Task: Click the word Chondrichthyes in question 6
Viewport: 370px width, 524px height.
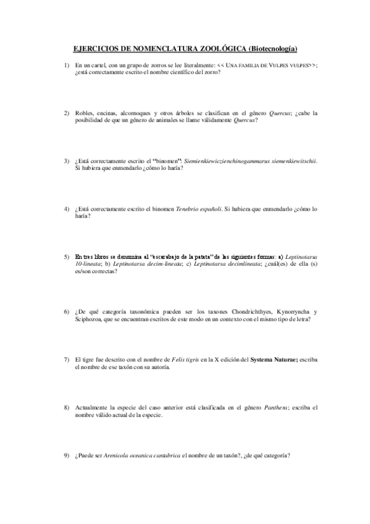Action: click(x=240, y=311)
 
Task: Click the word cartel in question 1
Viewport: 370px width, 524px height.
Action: click(x=93, y=65)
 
